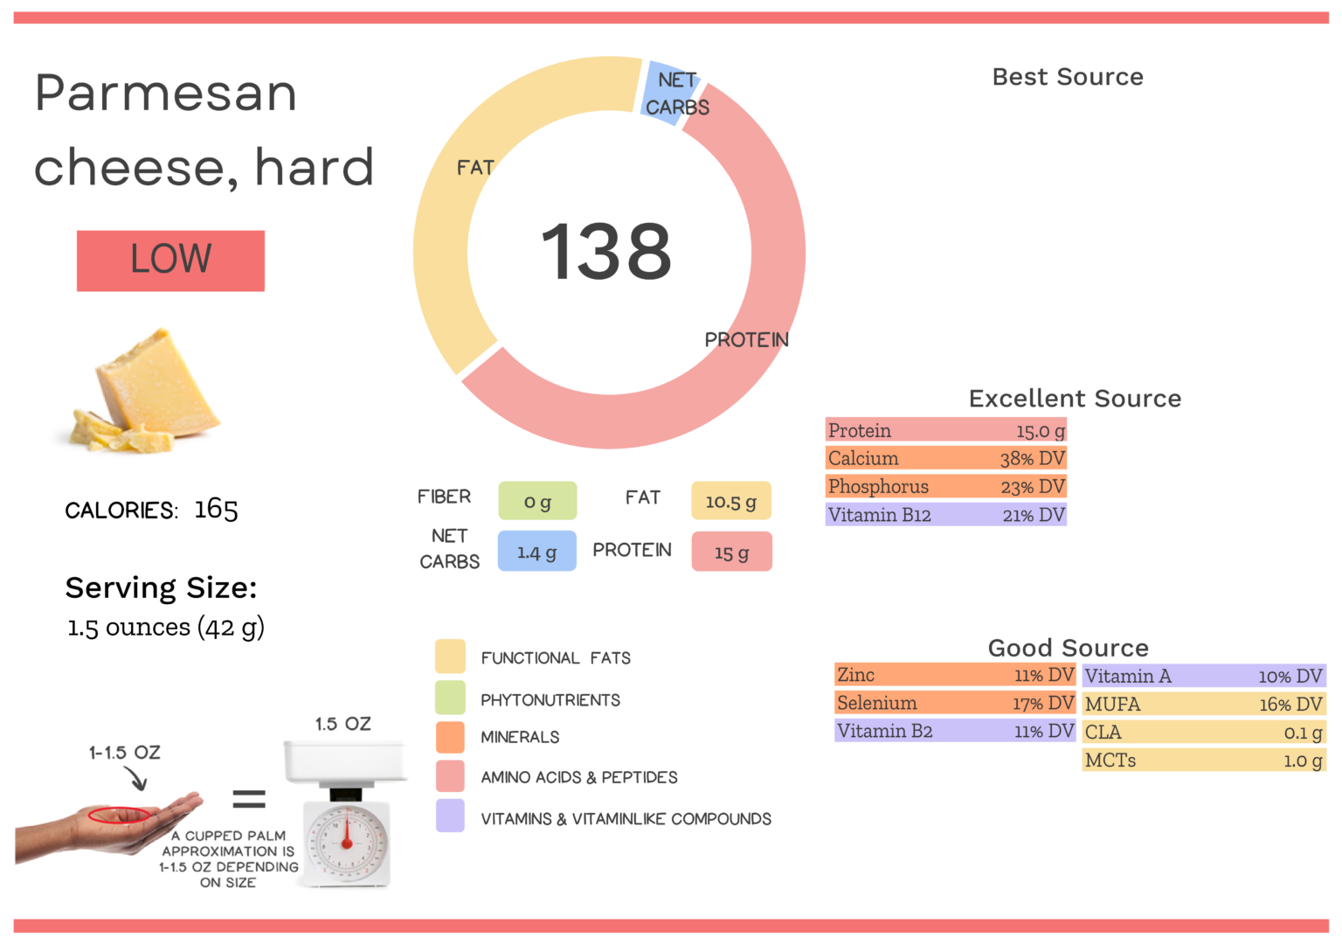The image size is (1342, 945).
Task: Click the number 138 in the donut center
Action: click(606, 252)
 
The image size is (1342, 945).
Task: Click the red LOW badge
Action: click(170, 261)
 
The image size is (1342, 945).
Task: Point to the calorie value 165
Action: click(216, 510)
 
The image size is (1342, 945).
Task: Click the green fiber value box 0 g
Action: click(537, 501)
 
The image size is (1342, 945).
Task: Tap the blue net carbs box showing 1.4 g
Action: click(536, 552)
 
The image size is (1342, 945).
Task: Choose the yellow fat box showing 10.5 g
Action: click(731, 501)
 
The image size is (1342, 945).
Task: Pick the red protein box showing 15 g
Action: click(731, 552)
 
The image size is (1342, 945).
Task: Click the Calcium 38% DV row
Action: click(946, 458)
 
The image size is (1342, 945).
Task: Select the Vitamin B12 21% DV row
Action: click(946, 515)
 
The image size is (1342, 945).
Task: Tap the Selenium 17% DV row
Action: click(955, 703)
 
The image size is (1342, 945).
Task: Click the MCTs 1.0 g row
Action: click(1204, 761)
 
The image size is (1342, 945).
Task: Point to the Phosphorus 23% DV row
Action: click(946, 486)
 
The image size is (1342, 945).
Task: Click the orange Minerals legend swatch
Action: click(450, 737)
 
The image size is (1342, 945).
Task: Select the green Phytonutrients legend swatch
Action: click(450, 698)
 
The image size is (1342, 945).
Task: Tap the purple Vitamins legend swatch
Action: click(450, 816)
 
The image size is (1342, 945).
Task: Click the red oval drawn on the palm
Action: click(119, 815)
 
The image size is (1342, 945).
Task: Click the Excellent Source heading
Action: click(1075, 399)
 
